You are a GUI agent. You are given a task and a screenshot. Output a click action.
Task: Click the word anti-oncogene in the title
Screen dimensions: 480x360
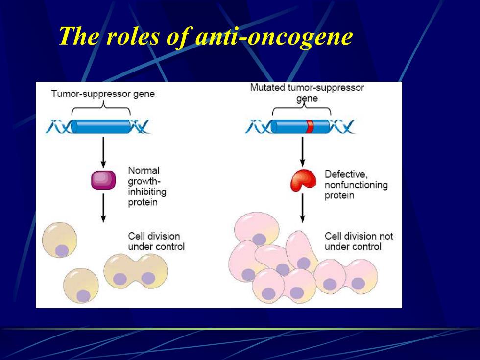[274, 36]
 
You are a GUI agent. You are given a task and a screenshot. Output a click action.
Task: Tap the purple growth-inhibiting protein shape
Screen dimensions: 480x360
[103, 180]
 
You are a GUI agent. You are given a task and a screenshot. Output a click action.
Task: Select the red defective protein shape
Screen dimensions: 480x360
[303, 181]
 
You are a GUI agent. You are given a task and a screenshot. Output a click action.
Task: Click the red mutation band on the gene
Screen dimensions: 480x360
[310, 126]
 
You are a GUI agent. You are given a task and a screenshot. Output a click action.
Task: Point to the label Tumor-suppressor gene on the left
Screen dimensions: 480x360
[103, 94]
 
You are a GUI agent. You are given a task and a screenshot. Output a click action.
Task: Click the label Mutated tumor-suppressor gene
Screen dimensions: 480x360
[307, 93]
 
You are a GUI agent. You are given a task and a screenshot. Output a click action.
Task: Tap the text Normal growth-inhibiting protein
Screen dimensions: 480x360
[147, 186]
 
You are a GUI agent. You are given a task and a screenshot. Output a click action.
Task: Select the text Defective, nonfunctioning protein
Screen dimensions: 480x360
[356, 185]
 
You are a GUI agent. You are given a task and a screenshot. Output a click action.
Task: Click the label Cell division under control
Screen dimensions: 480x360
[156, 241]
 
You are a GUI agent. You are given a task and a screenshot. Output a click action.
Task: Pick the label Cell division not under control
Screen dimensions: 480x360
[359, 241]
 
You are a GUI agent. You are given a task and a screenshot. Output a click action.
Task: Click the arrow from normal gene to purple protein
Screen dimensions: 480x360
[103, 152]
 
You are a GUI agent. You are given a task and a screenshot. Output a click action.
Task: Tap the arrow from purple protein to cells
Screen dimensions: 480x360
[103, 208]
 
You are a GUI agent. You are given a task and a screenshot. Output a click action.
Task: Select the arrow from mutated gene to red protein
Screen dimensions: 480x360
[303, 151]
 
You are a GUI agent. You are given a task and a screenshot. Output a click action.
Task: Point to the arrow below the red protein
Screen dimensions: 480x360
[303, 208]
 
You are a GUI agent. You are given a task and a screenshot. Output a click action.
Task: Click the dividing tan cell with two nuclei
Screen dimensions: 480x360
[136, 271]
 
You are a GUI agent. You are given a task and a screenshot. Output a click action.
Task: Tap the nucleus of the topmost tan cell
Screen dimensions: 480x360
[62, 251]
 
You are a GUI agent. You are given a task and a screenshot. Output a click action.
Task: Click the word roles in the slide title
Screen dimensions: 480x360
[133, 36]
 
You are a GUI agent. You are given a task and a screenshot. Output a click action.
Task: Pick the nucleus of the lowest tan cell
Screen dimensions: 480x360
[83, 296]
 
